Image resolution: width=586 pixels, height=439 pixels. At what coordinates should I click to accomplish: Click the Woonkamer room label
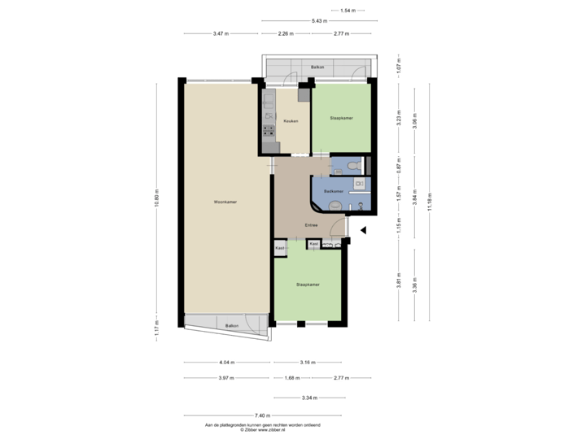pos(214,201)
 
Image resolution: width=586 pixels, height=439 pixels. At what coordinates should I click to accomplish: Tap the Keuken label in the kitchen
pos(291,121)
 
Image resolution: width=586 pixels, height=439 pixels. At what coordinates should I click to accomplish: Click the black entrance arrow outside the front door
pos(364,231)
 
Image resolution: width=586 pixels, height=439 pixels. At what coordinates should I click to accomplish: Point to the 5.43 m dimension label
pos(319,20)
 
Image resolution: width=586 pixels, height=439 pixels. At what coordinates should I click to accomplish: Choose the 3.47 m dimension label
pos(220,34)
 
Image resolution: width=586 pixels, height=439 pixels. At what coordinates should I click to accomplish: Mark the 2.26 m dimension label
pos(285,34)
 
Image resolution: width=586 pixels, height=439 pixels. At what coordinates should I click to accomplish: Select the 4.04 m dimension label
pos(227,362)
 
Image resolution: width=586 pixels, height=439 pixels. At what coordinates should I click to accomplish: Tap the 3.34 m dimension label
pos(308,398)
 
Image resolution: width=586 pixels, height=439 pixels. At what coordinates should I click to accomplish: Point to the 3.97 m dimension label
pos(225,378)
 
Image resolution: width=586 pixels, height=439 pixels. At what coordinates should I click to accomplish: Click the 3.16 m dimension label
pos(308,362)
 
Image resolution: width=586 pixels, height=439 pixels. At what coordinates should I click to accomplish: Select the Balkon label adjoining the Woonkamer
pos(232,326)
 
